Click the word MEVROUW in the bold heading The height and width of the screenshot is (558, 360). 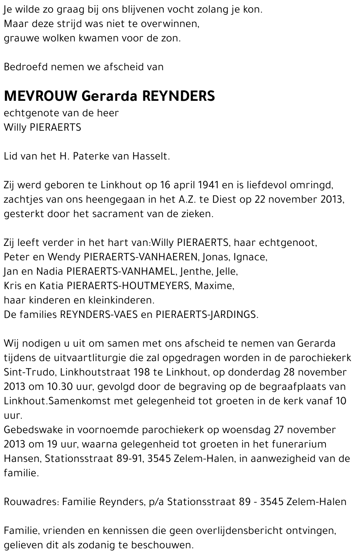coord(40,96)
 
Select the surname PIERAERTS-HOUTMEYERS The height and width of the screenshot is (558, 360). coord(128,286)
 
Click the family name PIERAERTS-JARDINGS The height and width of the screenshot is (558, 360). coord(207,315)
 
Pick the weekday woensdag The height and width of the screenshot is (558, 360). coord(247,430)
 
